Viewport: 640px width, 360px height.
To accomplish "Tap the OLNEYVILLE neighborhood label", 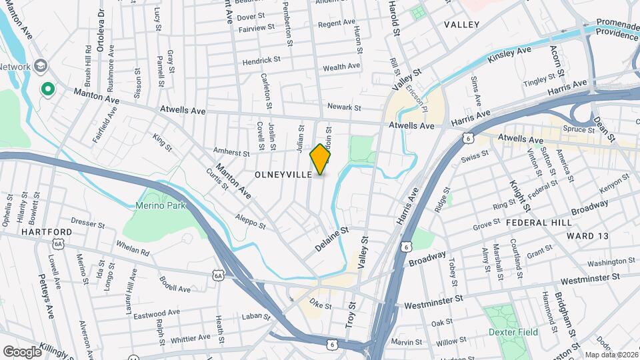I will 284,174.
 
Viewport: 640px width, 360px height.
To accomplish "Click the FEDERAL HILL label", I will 538,221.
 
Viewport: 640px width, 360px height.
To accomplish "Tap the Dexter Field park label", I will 513,332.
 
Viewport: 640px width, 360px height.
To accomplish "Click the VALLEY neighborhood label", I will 461,25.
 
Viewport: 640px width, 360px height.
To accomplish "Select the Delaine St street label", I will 332,239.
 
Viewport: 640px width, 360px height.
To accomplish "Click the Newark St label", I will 344,107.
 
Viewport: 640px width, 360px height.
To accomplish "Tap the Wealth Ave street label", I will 341,67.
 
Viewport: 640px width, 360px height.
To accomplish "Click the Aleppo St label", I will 251,221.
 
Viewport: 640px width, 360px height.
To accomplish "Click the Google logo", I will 22,351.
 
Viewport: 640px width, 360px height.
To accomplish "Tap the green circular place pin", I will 48,89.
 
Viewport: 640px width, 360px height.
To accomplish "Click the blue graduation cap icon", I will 42,66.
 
